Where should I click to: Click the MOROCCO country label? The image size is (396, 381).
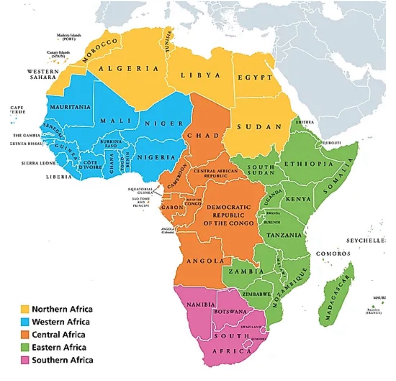101,51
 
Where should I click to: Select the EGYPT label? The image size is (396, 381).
255,77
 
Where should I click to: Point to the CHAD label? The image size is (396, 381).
203,136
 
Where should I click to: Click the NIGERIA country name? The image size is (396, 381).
156,157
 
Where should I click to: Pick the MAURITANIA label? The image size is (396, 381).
70,107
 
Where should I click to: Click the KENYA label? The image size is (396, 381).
298,199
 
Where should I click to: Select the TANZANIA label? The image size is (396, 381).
284,235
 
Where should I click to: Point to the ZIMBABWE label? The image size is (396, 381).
256,294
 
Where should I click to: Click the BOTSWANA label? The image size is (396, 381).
230,311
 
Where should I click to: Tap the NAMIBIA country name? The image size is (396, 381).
201,305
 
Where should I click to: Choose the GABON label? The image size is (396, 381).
172,207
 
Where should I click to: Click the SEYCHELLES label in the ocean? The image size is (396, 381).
366,241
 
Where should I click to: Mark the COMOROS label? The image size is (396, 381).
333,254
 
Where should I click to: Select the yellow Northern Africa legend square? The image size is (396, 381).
25,309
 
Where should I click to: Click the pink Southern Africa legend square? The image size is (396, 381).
25,360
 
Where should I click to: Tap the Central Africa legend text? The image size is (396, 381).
58,335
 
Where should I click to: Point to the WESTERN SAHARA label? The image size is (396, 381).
43,74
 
